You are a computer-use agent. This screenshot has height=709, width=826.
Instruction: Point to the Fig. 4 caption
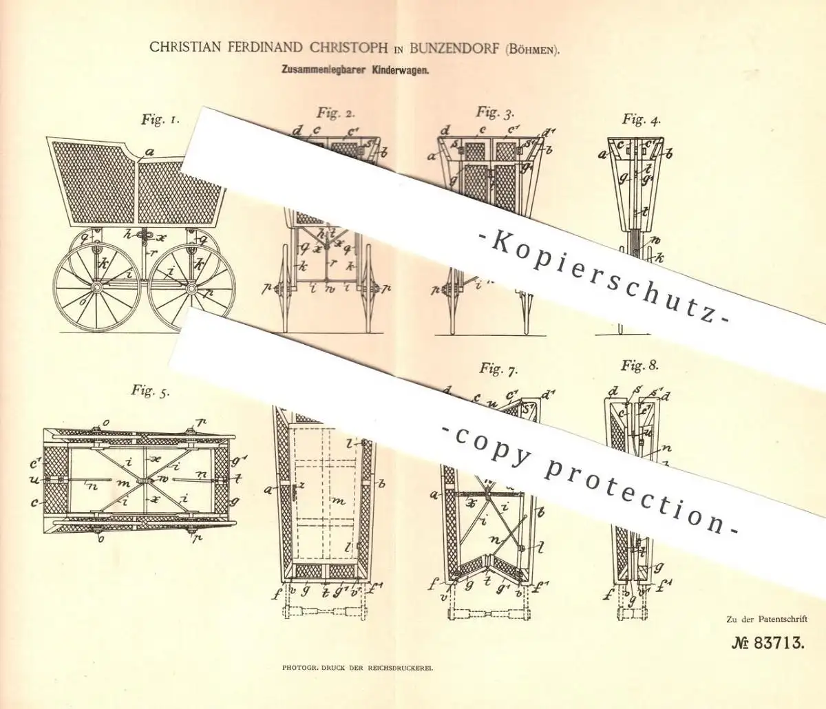click(x=639, y=120)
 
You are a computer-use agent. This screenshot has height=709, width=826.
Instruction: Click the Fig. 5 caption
click(x=151, y=391)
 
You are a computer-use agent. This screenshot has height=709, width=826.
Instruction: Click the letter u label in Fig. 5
click(x=35, y=480)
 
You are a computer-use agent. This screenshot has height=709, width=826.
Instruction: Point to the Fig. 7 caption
click(x=499, y=370)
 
